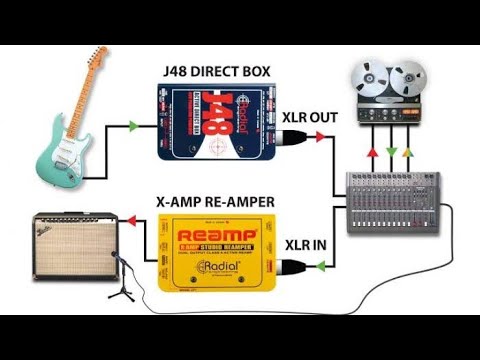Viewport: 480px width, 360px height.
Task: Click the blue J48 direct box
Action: (208, 124)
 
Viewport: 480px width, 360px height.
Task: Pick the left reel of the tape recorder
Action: (367, 77)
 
